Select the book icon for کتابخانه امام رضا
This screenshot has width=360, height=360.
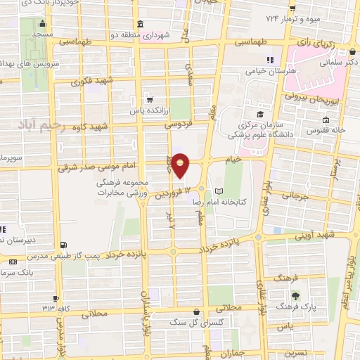pyautogui.click(x=219, y=191)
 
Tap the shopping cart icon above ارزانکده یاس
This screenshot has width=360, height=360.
pyautogui.click(x=148, y=99)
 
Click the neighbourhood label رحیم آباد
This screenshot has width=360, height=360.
pyautogui.click(x=44, y=125)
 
